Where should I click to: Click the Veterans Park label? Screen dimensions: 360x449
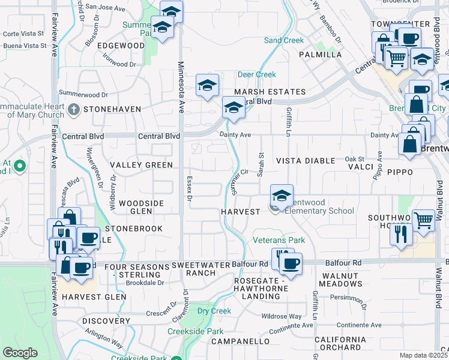click(x=279, y=241)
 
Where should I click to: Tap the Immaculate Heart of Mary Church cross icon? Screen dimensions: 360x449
click(x=73, y=109)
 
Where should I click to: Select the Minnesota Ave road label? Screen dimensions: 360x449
click(x=180, y=86)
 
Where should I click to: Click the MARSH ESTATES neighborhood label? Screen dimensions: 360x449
click(x=270, y=92)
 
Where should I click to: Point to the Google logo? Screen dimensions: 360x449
click(x=20, y=353)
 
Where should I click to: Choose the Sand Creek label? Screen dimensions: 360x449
click(x=284, y=40)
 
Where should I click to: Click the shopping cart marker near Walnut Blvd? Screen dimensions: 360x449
click(x=424, y=220)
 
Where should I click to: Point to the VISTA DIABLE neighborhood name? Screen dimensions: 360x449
click(x=305, y=161)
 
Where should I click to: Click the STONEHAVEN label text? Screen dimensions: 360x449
click(x=112, y=109)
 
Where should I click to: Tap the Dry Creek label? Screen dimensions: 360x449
click(x=214, y=311)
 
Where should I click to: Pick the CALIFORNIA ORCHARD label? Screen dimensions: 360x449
click(x=340, y=344)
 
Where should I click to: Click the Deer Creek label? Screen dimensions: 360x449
click(x=256, y=74)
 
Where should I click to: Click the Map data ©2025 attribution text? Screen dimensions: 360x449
click(x=423, y=355)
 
